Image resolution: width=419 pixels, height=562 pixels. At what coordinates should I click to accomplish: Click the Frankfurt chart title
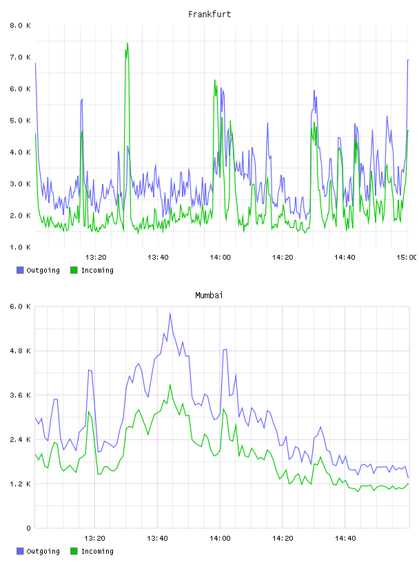[x=209, y=14]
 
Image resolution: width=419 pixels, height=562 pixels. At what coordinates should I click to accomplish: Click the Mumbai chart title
[x=209, y=295]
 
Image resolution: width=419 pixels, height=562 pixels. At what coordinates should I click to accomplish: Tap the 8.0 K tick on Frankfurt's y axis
[x=20, y=25]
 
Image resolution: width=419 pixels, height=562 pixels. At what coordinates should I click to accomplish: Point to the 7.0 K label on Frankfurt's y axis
[x=20, y=57]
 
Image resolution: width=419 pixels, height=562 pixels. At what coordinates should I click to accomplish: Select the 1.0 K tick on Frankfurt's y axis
[x=20, y=247]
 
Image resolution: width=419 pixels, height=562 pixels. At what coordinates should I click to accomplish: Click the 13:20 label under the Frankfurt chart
[x=96, y=258]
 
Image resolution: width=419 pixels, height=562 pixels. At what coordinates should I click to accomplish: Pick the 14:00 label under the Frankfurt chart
[x=221, y=258]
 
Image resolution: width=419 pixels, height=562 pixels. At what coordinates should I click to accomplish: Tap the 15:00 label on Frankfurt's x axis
[x=407, y=258]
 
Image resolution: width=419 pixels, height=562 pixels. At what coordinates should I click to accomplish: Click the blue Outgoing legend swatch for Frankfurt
[x=20, y=270]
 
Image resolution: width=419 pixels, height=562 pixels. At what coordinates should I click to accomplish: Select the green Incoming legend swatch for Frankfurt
[x=74, y=270]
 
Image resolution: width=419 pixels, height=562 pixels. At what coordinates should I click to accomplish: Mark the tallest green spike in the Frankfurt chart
[x=127, y=43]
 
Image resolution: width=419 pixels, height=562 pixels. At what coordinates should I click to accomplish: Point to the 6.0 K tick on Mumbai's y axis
[x=20, y=306]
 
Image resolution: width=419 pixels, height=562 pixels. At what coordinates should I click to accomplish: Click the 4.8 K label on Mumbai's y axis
[x=20, y=351]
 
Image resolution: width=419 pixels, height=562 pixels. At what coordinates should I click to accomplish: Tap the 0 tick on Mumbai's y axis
[x=28, y=528]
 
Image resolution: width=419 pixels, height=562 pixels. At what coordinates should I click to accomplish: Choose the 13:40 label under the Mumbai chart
[x=157, y=539]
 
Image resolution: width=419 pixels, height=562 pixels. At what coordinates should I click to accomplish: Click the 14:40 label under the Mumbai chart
[x=345, y=539]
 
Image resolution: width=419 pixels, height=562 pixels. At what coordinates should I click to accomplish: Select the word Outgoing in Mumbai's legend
[x=43, y=551]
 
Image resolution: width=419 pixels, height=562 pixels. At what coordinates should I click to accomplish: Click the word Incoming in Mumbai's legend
[x=97, y=551]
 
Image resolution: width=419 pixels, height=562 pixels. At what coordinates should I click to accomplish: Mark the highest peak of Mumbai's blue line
[x=170, y=313]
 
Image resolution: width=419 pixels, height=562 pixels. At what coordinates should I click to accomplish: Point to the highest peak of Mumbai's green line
[x=170, y=384]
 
